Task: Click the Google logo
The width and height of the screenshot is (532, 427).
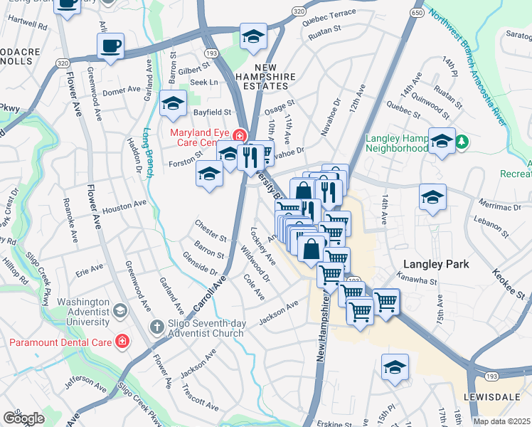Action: click(x=23, y=418)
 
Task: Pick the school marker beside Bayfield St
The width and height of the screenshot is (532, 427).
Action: click(x=173, y=105)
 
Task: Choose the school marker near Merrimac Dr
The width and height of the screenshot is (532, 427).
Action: click(x=432, y=198)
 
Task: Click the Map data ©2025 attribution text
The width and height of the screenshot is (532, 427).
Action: click(x=501, y=421)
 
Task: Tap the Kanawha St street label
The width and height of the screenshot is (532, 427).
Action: click(x=417, y=280)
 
